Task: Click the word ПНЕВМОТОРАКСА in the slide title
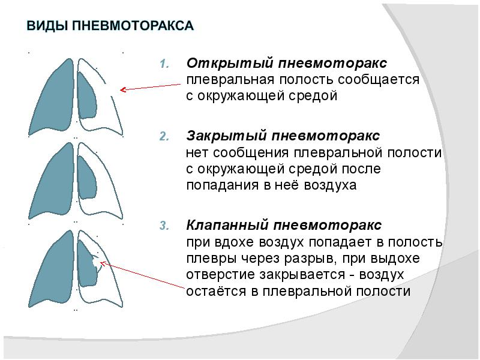[133, 26]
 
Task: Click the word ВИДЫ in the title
[47, 26]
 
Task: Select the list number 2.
[166, 137]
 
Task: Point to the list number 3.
[166, 227]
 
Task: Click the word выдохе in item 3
[399, 259]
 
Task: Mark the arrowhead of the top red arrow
[122, 90]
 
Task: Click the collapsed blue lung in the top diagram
[88, 99]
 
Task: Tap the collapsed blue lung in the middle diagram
[88, 179]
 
